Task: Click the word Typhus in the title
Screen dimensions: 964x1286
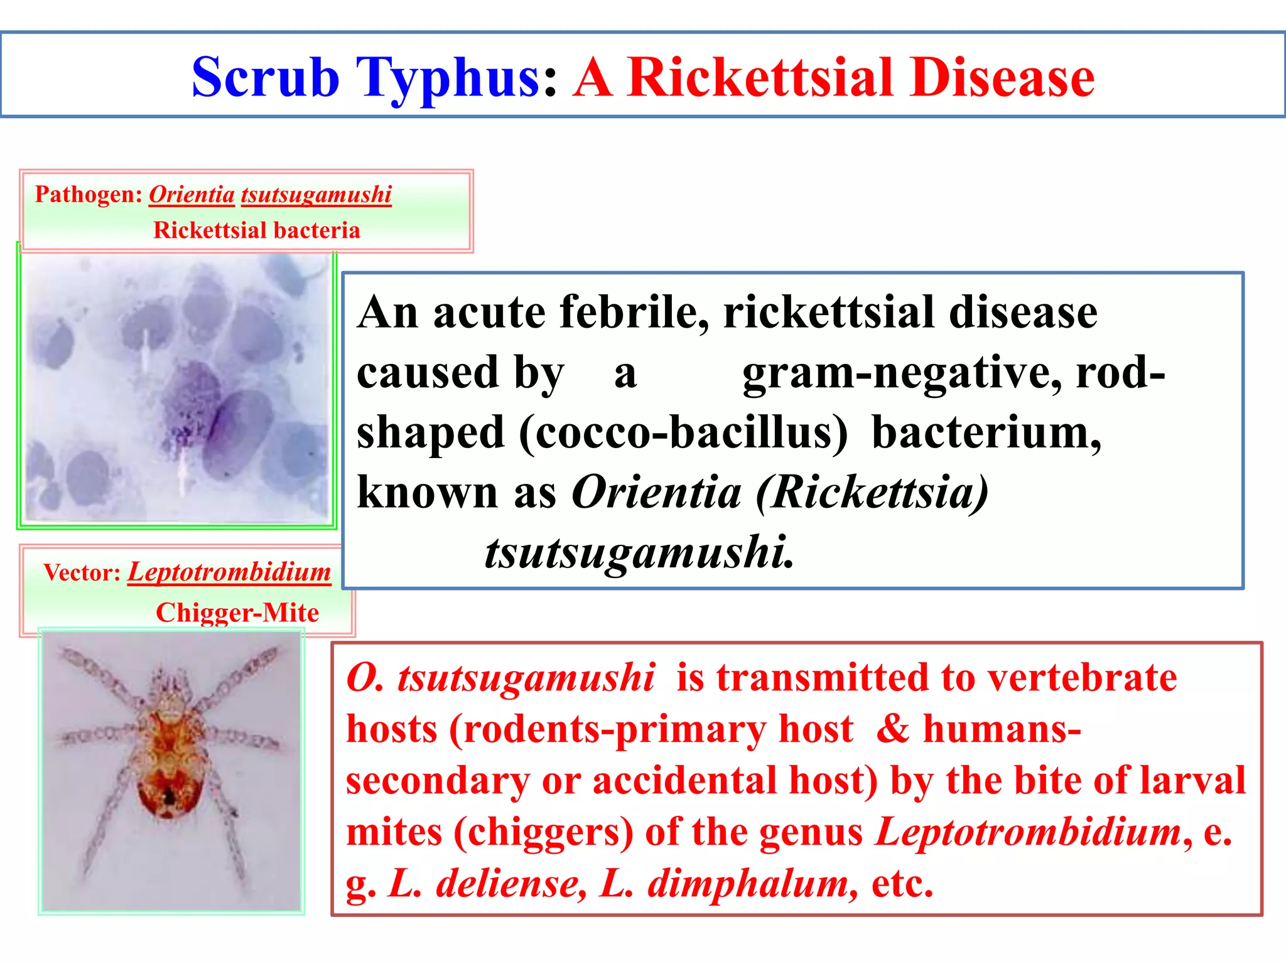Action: coord(447,78)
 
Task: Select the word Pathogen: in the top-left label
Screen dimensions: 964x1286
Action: coord(89,195)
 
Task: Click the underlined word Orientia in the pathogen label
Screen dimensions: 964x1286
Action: coord(192,195)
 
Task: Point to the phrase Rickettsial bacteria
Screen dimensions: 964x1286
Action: coord(256,230)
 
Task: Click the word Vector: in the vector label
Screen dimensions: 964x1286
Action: coord(82,572)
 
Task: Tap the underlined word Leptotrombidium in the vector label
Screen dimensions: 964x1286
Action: coord(229,572)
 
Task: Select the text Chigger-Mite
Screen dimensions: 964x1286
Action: coord(237,613)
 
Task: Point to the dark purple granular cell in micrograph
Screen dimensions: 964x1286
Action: coord(188,402)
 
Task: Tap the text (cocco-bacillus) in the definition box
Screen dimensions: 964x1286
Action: coord(683,432)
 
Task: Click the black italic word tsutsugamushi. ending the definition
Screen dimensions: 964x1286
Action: coord(639,552)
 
